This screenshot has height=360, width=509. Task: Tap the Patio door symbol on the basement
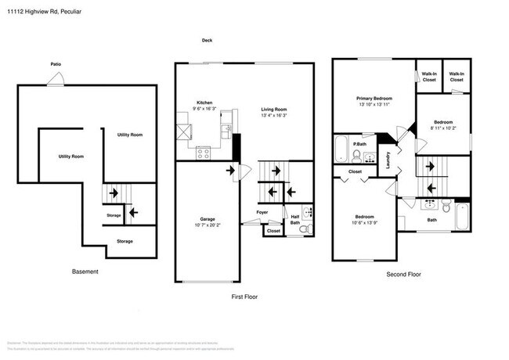(x=53, y=77)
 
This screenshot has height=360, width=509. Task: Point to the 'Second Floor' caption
(x=403, y=275)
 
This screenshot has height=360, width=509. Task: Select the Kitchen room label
(x=204, y=103)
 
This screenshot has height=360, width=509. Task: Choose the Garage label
(x=207, y=218)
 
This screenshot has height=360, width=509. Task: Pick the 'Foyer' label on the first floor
(x=262, y=211)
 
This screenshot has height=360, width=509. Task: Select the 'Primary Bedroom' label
(x=374, y=98)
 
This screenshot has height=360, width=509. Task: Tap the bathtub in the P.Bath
(x=342, y=147)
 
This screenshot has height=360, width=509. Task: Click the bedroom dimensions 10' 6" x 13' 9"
(x=364, y=221)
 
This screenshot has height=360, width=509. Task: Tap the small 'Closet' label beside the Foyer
(x=273, y=231)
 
